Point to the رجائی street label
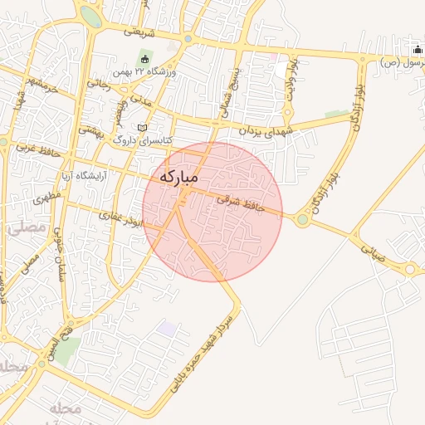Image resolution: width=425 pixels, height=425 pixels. pos(98,83)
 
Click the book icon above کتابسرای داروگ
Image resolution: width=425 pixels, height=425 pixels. pos(142,126)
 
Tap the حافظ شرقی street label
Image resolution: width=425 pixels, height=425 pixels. pos(240,204)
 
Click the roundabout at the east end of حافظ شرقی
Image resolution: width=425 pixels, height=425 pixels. pos(302,220)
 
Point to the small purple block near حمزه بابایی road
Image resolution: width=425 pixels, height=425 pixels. pos(167,329)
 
